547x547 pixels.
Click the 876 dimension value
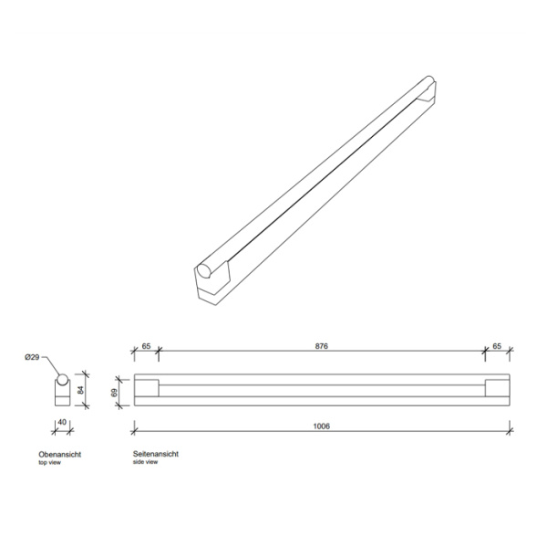[321, 347]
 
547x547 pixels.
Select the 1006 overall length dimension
[321, 426]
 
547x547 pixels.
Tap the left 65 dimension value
[146, 347]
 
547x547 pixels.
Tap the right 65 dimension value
[496, 347]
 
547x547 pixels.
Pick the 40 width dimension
[61, 423]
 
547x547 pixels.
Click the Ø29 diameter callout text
[33, 357]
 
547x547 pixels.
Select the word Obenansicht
[60, 454]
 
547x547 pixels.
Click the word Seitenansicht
[156, 454]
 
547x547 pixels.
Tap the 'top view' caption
[49, 463]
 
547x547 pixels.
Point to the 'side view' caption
[146, 463]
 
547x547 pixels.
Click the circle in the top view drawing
[62, 380]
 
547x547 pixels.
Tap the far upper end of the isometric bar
[428, 89]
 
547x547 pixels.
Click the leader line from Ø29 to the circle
[50, 363]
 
